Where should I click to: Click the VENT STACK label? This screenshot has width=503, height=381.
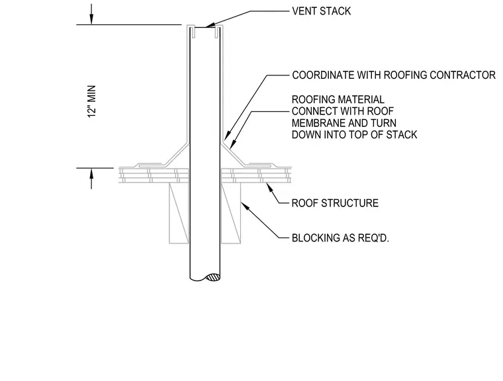[x=321, y=11]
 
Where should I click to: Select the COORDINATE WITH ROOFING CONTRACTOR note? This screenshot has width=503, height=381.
[x=394, y=75]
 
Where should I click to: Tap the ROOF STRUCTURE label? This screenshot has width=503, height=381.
[x=335, y=203]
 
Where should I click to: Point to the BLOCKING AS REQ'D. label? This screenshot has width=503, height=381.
[x=340, y=238]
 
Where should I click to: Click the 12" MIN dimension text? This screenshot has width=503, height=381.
[x=92, y=101]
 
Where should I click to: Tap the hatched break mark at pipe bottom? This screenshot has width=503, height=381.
[x=212, y=277]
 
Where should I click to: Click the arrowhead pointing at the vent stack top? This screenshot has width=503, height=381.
[x=210, y=25]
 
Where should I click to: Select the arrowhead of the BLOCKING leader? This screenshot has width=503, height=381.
[x=244, y=205]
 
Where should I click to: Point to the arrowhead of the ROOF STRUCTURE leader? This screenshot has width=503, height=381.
[x=270, y=187]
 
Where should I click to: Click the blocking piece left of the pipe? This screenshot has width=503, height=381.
[x=179, y=213]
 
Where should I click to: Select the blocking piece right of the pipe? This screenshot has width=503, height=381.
[x=231, y=213]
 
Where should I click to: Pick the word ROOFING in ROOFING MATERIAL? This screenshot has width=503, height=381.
[x=310, y=99]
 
